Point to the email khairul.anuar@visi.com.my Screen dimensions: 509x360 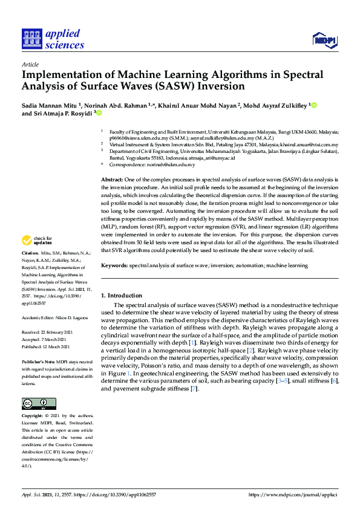click(x=309, y=144)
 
